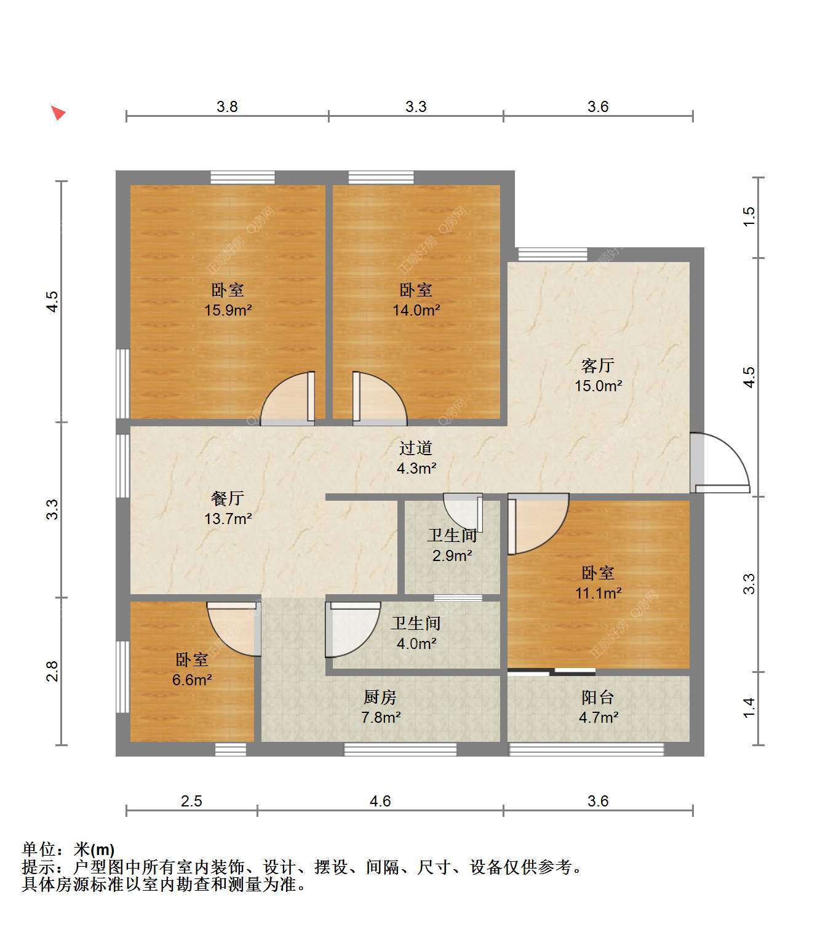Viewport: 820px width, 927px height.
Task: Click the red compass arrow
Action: pos(58,113)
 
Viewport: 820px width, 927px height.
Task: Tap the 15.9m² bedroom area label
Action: pos(228,310)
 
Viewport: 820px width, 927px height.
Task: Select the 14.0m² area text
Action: pos(416,310)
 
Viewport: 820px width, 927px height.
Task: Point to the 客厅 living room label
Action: pos(598,365)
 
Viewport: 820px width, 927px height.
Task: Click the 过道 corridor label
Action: pos(416,448)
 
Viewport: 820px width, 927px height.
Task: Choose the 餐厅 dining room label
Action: pos(228,498)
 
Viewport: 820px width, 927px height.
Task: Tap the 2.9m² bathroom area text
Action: pos(452,555)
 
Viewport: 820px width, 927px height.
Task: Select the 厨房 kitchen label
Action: pos(380,698)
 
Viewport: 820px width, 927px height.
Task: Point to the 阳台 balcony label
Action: pos(598,698)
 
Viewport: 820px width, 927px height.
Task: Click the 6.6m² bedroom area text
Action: pos(192,680)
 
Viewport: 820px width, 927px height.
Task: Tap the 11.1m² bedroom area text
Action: pos(598,594)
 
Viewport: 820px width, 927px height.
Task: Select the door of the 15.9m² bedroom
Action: pos(287,399)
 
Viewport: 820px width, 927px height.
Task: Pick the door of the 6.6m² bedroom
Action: pos(234,629)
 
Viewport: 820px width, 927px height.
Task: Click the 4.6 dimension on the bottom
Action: pos(380,801)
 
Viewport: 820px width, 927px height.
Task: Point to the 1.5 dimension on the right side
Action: pos(749,217)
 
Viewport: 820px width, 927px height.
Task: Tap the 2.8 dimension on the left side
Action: pos(53,671)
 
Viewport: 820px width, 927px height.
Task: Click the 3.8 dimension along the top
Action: pos(227,106)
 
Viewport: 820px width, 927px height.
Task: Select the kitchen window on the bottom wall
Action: pos(400,749)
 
